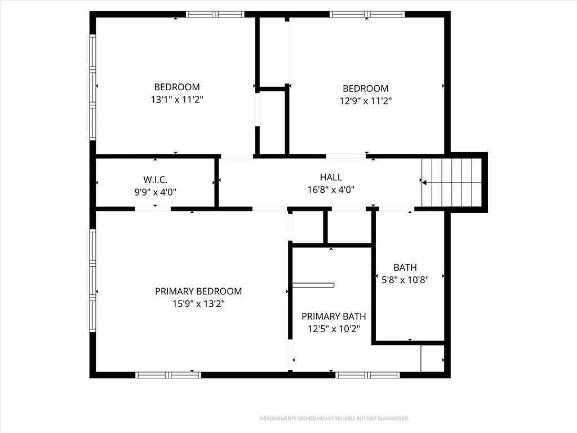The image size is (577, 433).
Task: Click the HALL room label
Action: pos(331,178)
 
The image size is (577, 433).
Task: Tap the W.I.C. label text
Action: pos(156,180)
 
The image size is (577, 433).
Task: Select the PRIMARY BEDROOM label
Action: pos(198,291)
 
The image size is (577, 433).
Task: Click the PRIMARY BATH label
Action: pos(334,316)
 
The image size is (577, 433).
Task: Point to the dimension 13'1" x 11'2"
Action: pos(177,99)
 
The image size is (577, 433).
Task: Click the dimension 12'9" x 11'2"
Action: pos(365,101)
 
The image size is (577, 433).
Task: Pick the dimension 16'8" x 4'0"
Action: pos(331,189)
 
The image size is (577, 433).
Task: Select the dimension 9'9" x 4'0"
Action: pos(156,192)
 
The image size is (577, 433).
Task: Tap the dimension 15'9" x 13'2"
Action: pos(198,304)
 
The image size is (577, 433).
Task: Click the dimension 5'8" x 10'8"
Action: pos(405,280)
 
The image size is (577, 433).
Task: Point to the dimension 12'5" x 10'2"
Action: pos(334,329)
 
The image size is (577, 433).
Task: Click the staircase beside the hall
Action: pos(451,183)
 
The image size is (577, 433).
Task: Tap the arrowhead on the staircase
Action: pos(424,183)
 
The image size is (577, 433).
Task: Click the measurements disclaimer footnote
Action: pos(334,419)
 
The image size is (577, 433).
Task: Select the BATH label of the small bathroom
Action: pos(405,267)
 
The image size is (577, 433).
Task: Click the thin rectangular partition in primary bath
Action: pos(313,285)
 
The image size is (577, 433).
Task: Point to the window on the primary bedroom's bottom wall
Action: pos(168,375)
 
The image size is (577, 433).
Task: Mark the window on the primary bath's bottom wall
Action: pos(367,375)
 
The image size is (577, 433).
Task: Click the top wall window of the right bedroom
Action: pos(367,14)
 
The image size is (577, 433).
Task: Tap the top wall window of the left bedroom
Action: pos(215,14)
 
